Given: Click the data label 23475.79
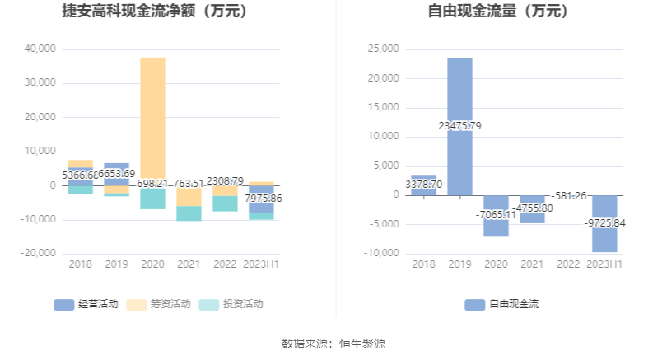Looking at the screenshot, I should (459, 126).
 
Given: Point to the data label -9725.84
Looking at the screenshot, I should (604, 223).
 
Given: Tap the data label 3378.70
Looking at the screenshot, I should (423, 185).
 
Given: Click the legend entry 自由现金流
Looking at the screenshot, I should (501, 304).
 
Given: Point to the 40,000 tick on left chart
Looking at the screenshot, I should (40, 49).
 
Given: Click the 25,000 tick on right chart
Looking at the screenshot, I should (383, 49).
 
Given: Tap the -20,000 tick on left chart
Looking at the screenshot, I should (38, 254).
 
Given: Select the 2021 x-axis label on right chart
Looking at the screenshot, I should (532, 264).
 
